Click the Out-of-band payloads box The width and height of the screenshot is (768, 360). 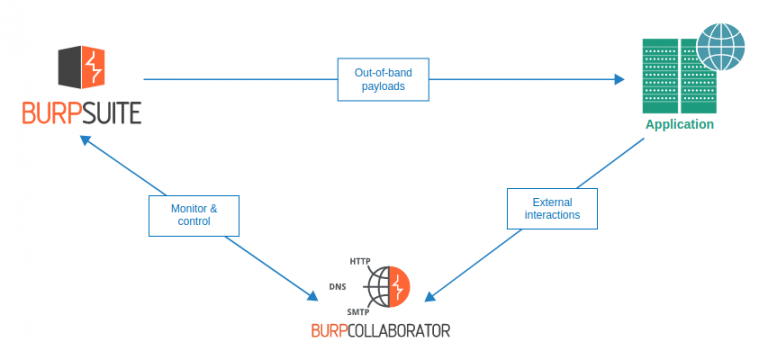[382, 80]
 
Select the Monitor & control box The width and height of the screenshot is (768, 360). [194, 214]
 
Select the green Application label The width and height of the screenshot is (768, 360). [679, 125]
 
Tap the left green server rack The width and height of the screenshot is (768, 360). [661, 76]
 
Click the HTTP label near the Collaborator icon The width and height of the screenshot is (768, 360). [360, 261]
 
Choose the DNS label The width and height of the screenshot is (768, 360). [338, 287]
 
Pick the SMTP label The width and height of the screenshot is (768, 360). [358, 312]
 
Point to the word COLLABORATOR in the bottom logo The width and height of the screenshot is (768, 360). [406, 330]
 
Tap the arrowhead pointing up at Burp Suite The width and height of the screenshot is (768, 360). [88, 141]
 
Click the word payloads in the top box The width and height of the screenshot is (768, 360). [382, 88]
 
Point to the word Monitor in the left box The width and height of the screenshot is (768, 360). [186, 207]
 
